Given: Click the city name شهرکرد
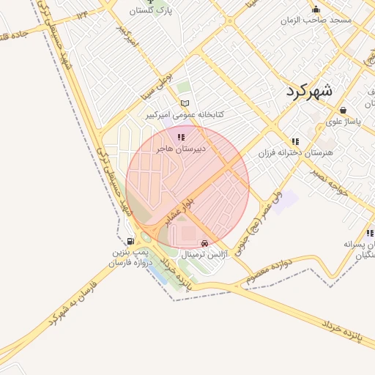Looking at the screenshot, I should (x=306, y=91).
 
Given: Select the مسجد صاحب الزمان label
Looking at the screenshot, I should (x=320, y=20).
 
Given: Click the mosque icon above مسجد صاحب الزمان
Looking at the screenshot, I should (x=316, y=9).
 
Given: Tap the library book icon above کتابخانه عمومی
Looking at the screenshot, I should (x=185, y=103).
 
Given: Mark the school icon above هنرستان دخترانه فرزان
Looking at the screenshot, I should (x=295, y=141).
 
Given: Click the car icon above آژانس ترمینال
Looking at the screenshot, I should (x=204, y=243).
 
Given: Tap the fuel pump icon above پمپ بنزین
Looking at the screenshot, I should (x=130, y=241).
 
